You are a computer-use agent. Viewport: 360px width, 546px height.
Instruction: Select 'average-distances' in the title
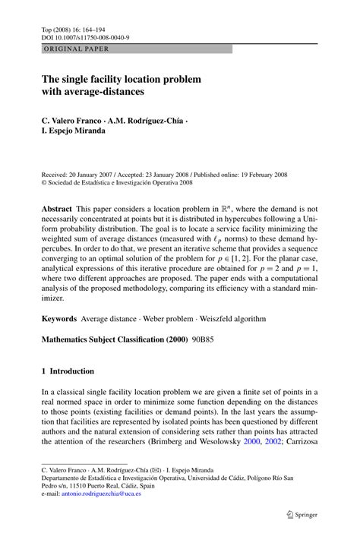pos(102,91)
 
